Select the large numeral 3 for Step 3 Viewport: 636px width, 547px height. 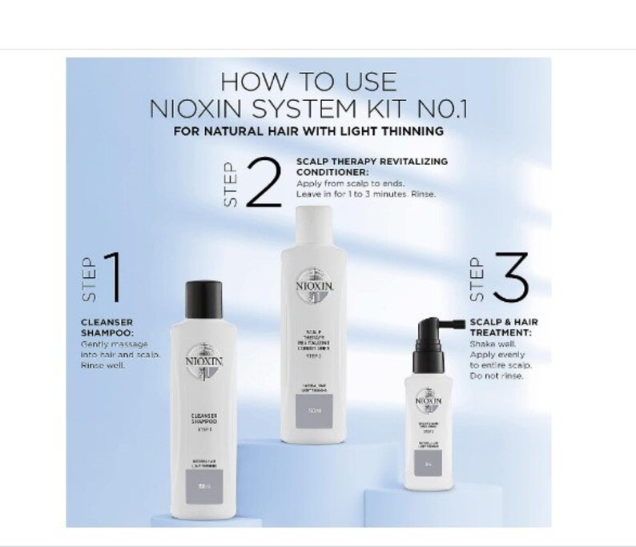pos(509,277)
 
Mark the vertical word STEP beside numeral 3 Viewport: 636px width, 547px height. pos(475,278)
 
